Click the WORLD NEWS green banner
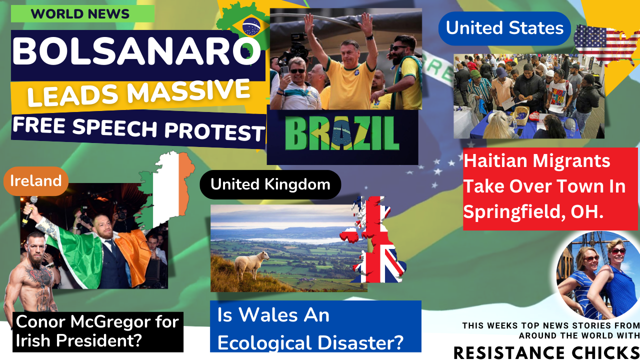[82, 13]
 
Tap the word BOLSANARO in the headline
[136, 51]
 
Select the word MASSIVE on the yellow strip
[188, 91]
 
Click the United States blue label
[504, 28]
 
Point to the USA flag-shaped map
[606, 44]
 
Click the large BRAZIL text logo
[342, 134]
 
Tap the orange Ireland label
[36, 181]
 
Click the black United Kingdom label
[270, 184]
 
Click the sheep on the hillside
[251, 264]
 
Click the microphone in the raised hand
[30, 210]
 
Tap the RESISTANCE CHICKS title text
[546, 352]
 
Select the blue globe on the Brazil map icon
[251, 26]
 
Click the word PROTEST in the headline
[215, 131]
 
